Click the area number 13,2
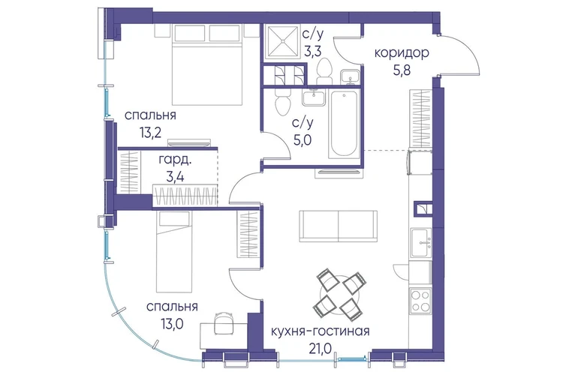tap(150, 132)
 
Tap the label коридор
tap(402, 53)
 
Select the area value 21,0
tap(320, 347)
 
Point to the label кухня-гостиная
tap(320, 331)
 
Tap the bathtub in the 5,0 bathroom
tap(344, 124)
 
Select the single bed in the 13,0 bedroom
tap(174, 251)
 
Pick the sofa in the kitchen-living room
tap(338, 226)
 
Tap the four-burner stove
tap(420, 301)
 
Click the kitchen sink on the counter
tap(420, 242)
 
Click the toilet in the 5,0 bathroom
tap(283, 101)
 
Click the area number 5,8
tap(402, 70)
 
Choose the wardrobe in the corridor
tap(420, 118)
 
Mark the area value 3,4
tap(175, 177)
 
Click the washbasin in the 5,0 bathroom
tap(314, 97)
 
